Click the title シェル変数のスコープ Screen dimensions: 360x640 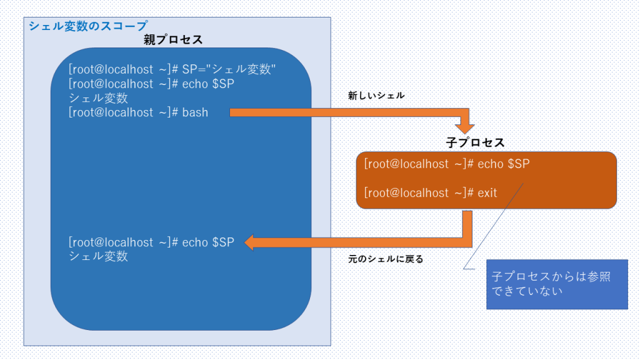tap(87, 26)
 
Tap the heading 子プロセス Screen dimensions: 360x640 tap(475, 142)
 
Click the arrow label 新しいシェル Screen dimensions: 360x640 tap(376, 96)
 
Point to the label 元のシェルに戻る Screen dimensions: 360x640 tap(386, 259)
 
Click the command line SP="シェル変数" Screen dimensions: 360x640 tap(229, 68)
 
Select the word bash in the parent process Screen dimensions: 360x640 tap(195, 112)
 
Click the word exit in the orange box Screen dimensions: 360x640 tap(487, 193)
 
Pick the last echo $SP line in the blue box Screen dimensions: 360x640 tap(207, 242)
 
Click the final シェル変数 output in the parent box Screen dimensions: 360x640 tap(98, 256)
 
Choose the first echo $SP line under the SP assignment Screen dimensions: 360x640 tap(207, 84)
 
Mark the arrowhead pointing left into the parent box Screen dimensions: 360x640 tap(250, 242)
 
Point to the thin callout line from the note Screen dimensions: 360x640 tap(494, 225)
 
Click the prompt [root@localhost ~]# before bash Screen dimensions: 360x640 tap(123, 112)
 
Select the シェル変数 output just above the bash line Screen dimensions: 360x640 tap(98, 98)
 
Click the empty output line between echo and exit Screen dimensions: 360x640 tap(437, 179)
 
